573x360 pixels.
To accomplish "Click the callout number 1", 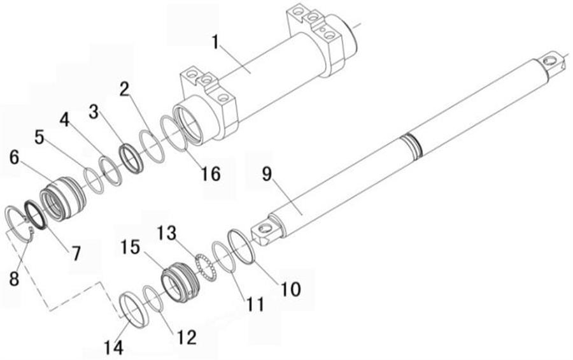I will [216, 43].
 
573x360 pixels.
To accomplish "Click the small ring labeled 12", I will [153, 298].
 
